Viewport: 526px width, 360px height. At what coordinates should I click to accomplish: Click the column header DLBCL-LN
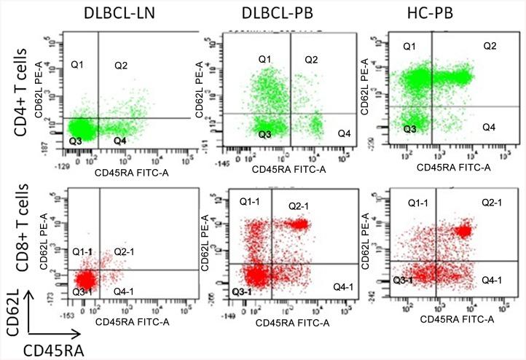[115, 14]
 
